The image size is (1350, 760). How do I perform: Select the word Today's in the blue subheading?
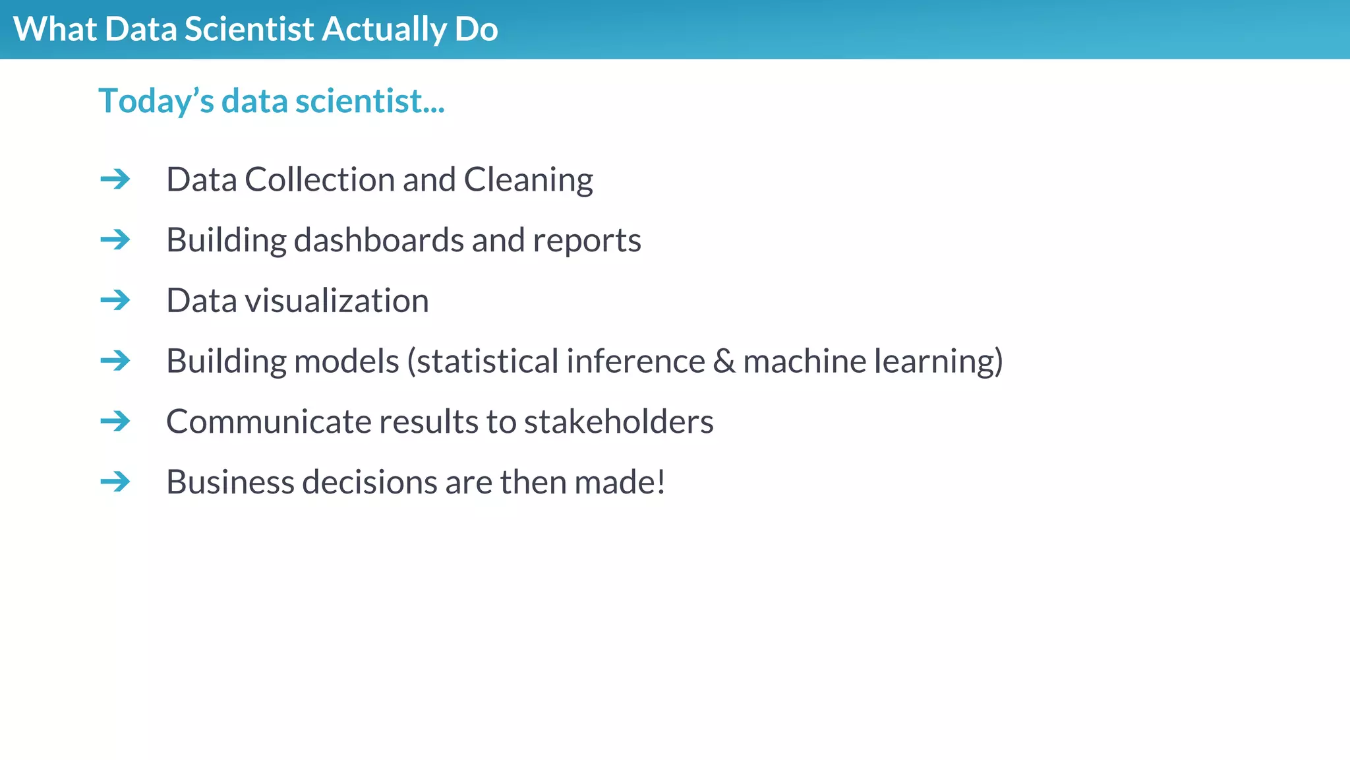pos(156,102)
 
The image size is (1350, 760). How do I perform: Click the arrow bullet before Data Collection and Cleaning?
pos(115,179)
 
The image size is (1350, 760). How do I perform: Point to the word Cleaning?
pos(528,180)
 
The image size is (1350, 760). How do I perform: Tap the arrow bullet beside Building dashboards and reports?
pos(115,239)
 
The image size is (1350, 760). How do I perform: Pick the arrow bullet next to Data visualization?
pos(115,300)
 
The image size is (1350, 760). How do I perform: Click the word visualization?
pos(337,301)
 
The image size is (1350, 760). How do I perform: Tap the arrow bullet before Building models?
pos(115,360)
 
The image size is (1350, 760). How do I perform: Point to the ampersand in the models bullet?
pos(723,362)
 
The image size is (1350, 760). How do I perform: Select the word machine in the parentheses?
pos(804,362)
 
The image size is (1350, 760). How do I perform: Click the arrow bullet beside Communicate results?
pos(115,421)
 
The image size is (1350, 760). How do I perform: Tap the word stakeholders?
pos(618,422)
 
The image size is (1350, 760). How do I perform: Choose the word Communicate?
pos(268,422)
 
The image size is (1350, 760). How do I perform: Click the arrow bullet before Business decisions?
pos(115,482)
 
